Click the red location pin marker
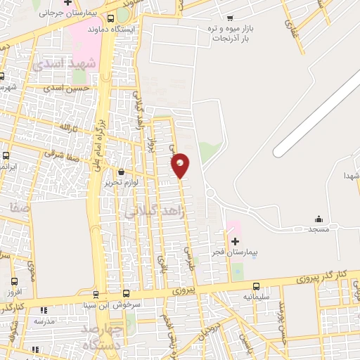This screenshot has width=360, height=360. tap(181, 165)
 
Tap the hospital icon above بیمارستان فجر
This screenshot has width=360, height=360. tap(235, 241)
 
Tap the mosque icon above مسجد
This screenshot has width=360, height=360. tap(319, 219)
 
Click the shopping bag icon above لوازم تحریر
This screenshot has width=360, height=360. tap(122, 172)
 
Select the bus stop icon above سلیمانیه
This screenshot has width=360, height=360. tap(256, 286)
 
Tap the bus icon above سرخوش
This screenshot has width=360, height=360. tap(127, 294)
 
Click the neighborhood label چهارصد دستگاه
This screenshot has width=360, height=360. tap(103, 337)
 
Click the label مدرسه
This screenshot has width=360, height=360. tap(44, 321)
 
